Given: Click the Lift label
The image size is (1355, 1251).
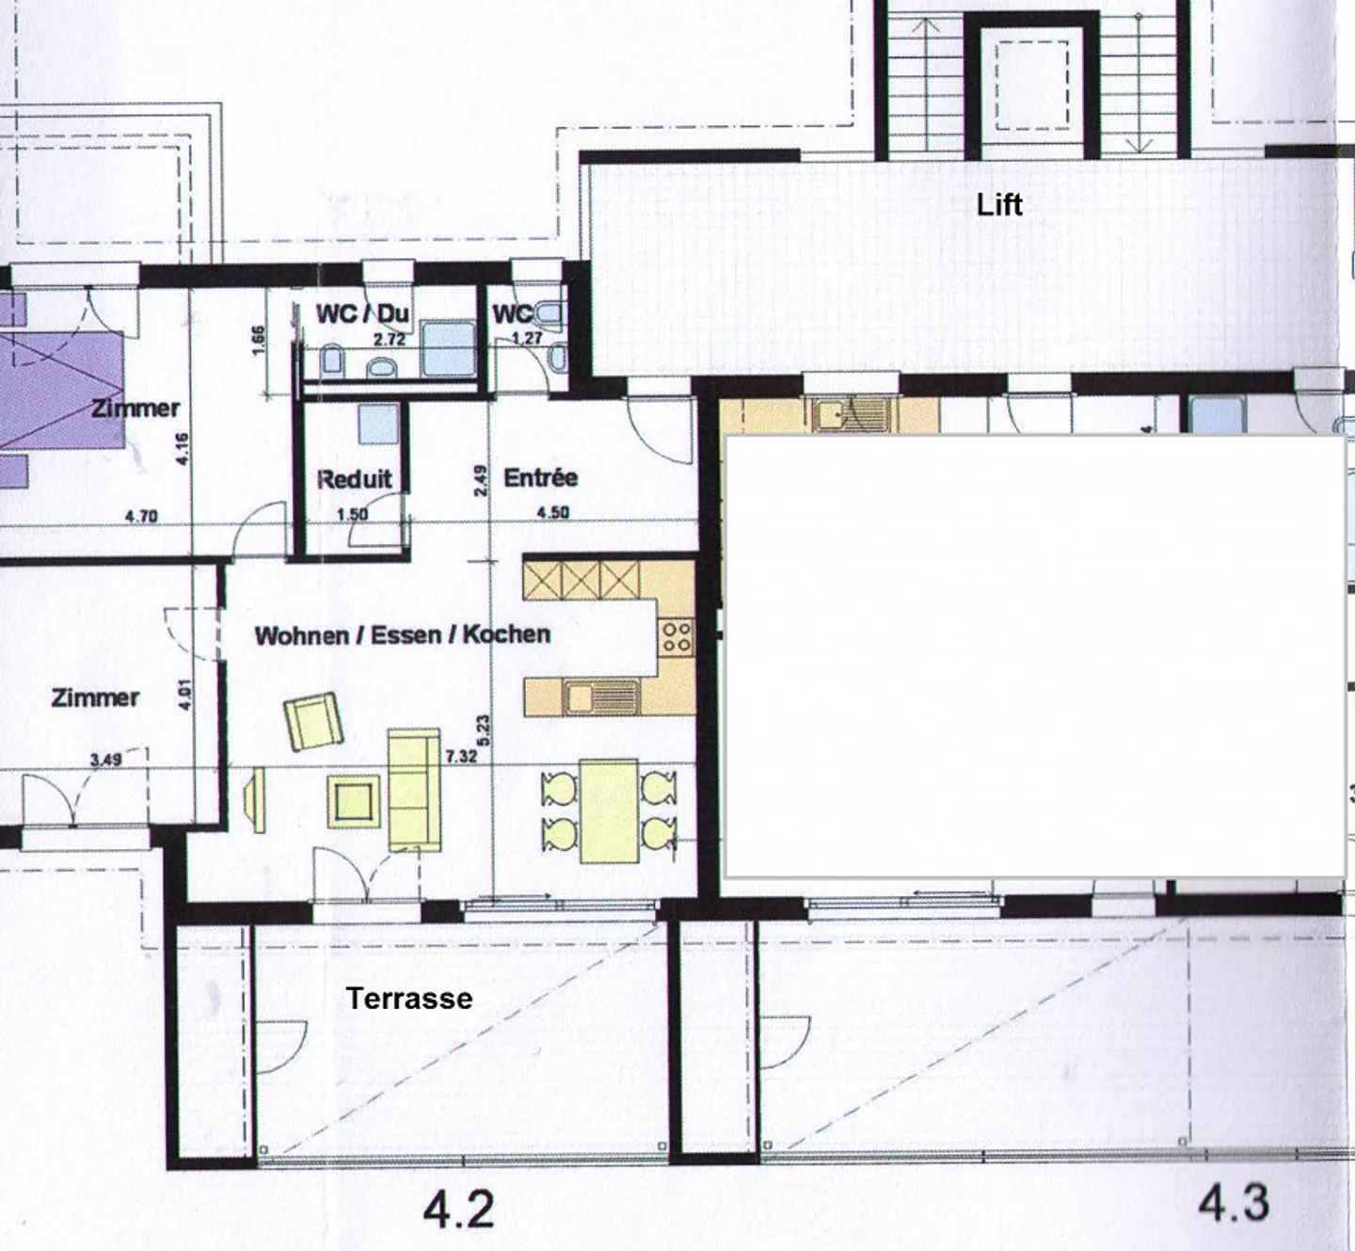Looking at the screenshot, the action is coord(999,205).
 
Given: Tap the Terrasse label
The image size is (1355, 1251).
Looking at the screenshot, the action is coord(409,999).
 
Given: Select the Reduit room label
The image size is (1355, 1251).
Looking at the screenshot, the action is coord(355,479).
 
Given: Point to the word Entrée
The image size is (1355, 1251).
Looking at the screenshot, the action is coord(540,477).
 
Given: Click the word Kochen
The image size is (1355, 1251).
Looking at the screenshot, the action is coord(507,634).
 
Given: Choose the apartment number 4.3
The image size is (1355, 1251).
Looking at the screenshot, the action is coord(1235,1203).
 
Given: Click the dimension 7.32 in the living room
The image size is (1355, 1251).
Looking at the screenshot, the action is coord(461,757).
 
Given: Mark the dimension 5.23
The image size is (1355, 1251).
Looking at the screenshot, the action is coord(483,730).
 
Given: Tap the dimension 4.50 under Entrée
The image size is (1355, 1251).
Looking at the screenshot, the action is coord(552,512).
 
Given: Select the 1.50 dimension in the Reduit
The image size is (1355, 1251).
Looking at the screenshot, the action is coord(353,514).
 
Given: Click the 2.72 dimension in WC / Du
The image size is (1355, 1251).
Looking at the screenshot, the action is coord(390,340).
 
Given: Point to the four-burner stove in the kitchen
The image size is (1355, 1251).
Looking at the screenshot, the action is coord(677,635).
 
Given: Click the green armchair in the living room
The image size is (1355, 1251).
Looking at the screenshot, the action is coord(314,721).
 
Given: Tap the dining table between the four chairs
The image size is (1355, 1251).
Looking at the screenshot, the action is coord(609,810).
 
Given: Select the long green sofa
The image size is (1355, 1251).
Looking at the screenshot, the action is coord(414,790).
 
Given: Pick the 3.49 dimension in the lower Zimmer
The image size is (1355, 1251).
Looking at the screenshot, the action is coord(106,759).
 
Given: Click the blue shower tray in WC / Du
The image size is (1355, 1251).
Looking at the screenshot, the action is coord(448,349).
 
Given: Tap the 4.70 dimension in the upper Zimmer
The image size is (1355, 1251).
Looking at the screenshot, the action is coord(141,516).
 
